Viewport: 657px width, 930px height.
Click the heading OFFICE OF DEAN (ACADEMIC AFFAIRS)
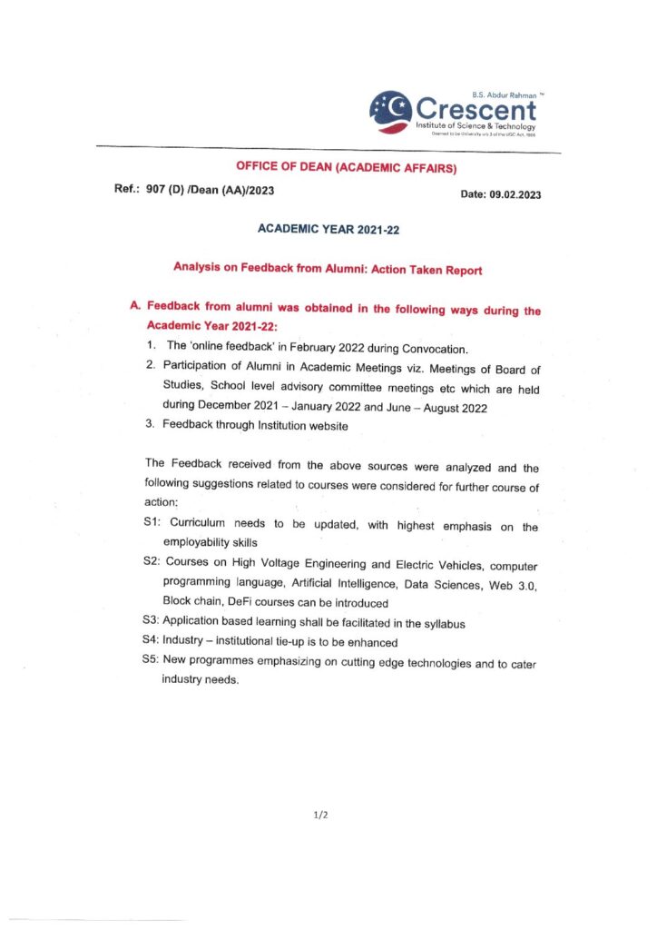click(346, 167)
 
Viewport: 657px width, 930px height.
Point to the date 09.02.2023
click(515, 195)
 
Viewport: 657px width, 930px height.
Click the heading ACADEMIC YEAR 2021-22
click(328, 230)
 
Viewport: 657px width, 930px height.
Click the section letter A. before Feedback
click(135, 307)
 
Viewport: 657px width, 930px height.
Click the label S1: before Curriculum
click(152, 524)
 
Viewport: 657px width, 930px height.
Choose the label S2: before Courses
click(152, 563)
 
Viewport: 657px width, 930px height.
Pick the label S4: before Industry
click(152, 641)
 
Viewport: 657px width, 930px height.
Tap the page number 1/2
click(320, 816)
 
